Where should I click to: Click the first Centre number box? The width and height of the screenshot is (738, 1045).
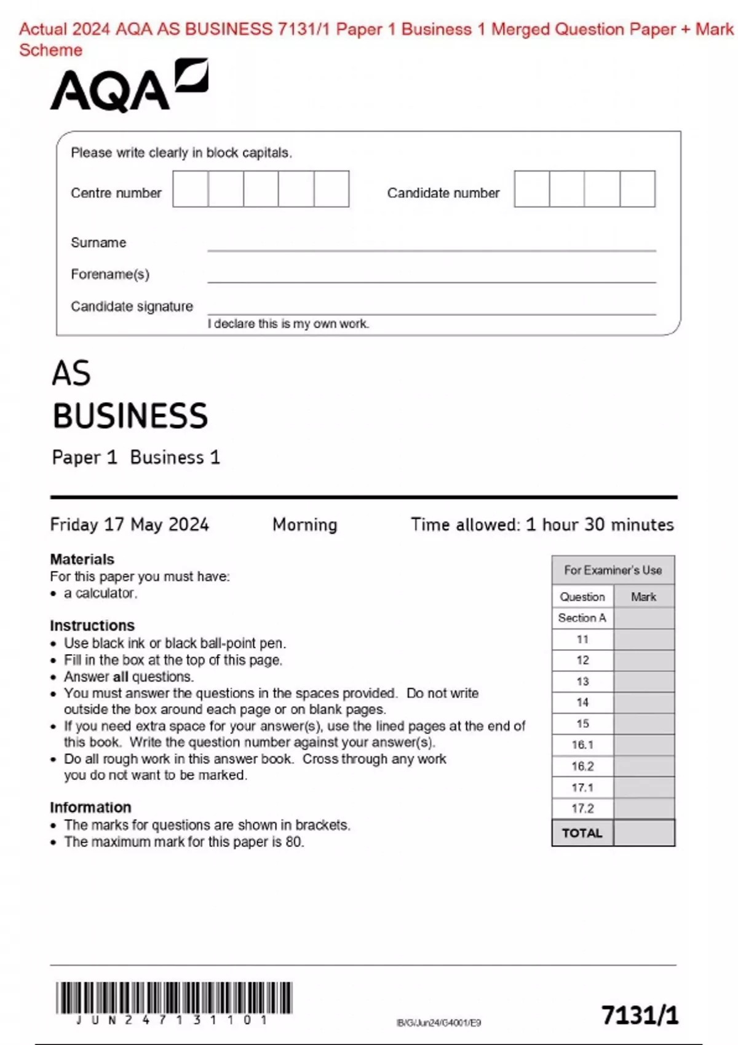(x=191, y=189)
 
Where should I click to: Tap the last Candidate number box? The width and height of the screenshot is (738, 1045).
(x=637, y=189)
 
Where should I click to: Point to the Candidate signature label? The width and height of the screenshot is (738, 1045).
(x=132, y=306)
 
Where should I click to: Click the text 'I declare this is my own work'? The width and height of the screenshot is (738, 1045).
(x=288, y=324)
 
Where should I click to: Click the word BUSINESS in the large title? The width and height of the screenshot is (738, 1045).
(x=130, y=416)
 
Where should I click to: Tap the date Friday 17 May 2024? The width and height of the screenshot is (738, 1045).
(x=129, y=524)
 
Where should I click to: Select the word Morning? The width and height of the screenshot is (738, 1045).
(x=304, y=524)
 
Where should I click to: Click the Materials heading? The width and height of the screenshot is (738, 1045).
(x=82, y=559)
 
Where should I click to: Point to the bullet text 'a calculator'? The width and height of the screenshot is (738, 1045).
(x=100, y=593)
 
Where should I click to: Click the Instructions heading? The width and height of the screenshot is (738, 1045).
(x=92, y=625)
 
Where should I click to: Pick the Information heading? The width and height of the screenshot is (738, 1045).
(x=90, y=807)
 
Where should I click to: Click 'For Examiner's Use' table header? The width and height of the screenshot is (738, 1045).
(x=613, y=570)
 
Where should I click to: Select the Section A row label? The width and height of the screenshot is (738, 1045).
(x=582, y=618)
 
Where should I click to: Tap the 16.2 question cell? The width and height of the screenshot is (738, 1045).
(x=582, y=766)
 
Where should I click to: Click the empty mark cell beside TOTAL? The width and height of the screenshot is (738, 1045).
(x=643, y=833)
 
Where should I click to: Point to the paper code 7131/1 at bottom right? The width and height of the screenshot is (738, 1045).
(x=640, y=1015)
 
